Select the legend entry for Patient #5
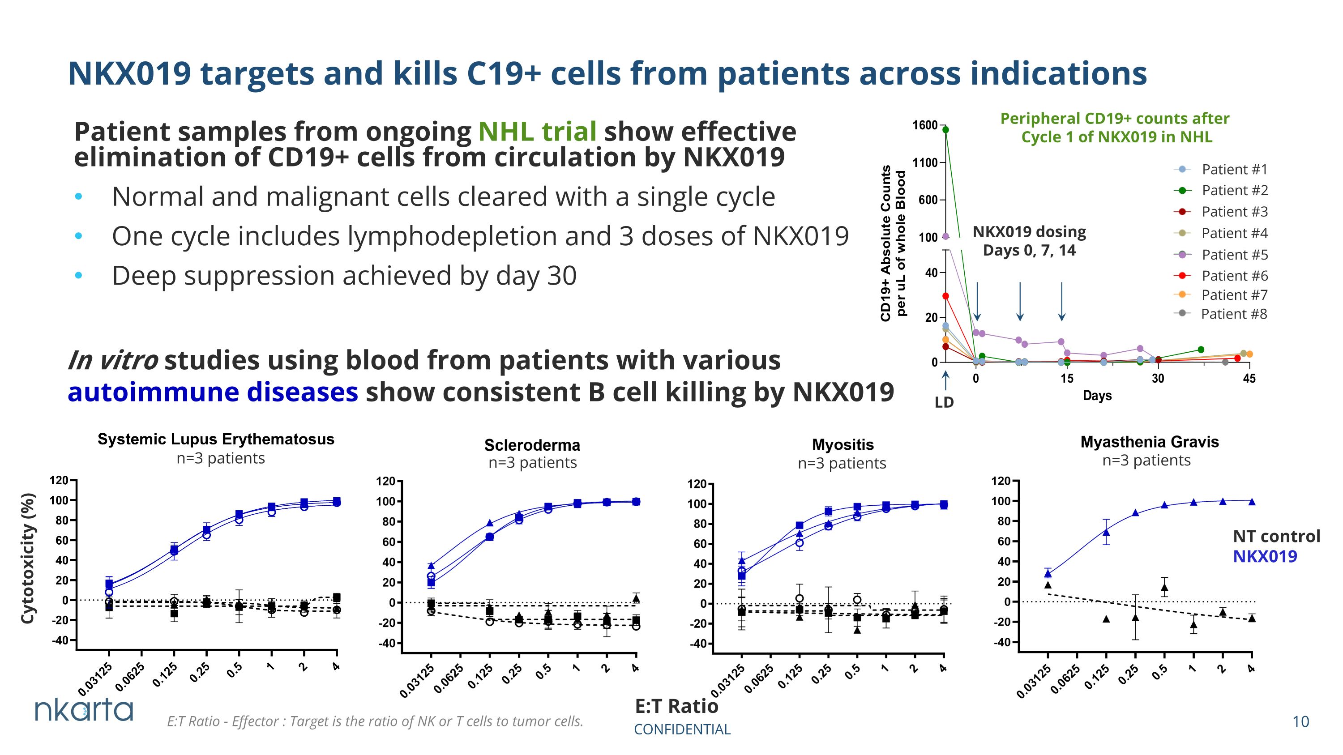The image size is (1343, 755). [x=1220, y=255]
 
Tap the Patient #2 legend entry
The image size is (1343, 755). [x=1220, y=191]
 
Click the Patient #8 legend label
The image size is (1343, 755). [x=1234, y=314]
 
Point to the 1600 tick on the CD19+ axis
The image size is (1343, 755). [x=925, y=125]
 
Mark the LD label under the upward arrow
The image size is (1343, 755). [x=944, y=402]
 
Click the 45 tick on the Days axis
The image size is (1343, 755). [x=1249, y=378]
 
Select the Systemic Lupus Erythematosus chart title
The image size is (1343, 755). [x=216, y=439]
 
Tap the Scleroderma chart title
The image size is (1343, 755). [x=532, y=445]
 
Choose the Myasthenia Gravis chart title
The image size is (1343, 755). [x=1150, y=442]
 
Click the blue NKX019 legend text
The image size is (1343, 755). [x=1265, y=556]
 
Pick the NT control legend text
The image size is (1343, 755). [x=1276, y=536]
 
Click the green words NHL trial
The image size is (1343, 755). [x=538, y=131]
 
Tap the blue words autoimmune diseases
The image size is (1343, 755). [x=213, y=392]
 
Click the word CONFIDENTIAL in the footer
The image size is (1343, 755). [x=682, y=729]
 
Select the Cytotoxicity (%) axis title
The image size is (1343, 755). [x=28, y=558]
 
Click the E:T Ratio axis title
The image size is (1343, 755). [x=676, y=707]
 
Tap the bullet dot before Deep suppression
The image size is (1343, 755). [x=79, y=275]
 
